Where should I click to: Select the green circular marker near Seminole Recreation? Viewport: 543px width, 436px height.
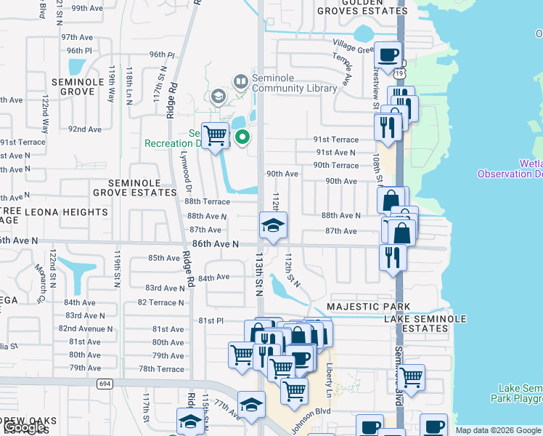[x=242, y=135]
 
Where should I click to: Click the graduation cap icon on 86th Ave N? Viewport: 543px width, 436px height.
[x=274, y=226]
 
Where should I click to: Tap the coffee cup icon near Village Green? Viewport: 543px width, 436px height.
[x=388, y=54]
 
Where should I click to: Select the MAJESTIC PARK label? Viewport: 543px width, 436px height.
[x=369, y=307]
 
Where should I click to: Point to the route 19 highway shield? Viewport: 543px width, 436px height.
[x=401, y=73]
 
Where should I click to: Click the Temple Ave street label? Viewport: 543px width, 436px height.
[x=342, y=68]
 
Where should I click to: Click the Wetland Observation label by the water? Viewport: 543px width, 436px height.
[x=510, y=169]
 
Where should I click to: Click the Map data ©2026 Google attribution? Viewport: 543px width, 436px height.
[x=498, y=430]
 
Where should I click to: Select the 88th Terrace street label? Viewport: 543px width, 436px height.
[x=208, y=201]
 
